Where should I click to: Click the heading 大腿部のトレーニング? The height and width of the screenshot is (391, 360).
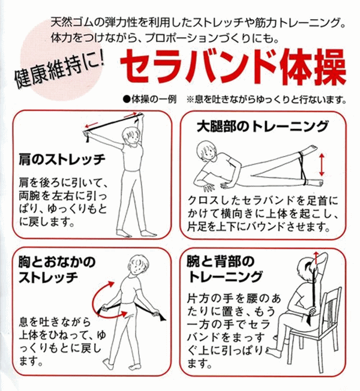[x=263, y=127]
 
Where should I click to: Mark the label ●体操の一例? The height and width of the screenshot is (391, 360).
[x=148, y=99]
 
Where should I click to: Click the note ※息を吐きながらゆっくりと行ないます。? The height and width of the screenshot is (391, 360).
[x=268, y=99]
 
